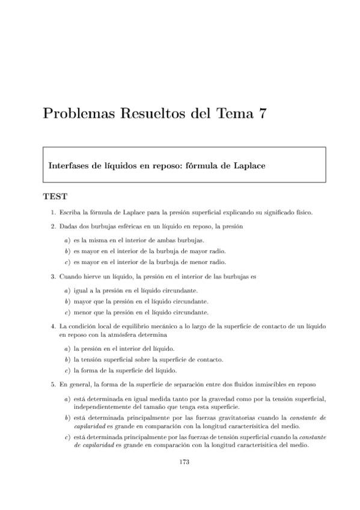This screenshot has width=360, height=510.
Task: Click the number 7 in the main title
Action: point(261,114)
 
